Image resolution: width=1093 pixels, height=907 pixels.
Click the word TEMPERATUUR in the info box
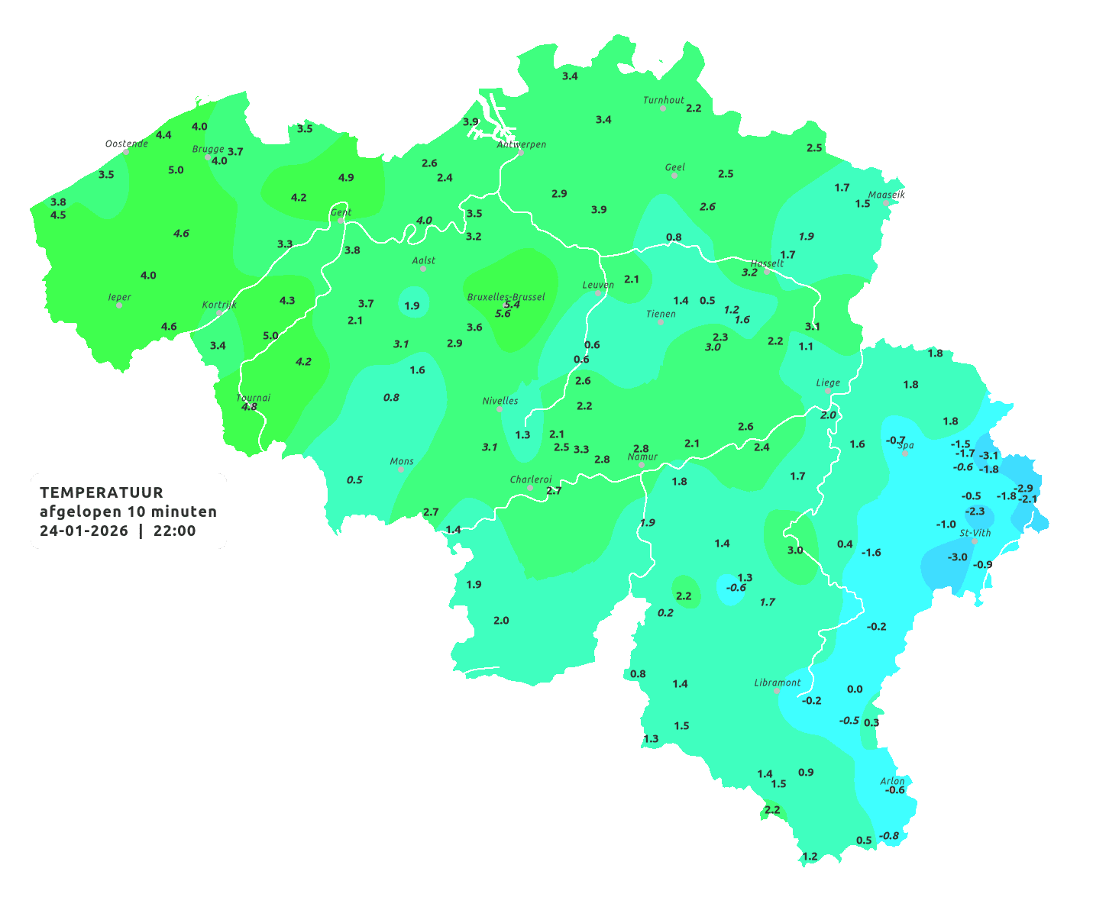click(102, 492)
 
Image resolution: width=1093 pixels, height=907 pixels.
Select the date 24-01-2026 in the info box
click(84, 531)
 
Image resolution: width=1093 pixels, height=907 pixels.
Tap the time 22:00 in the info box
click(175, 531)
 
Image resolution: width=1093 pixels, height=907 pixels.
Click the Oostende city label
click(126, 144)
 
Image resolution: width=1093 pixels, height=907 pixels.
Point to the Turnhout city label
click(664, 100)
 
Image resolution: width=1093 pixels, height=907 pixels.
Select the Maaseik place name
click(886, 195)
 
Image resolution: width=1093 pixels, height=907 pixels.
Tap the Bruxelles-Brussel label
click(506, 296)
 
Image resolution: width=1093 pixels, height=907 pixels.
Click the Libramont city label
click(778, 683)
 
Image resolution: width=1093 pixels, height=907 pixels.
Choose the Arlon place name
click(892, 780)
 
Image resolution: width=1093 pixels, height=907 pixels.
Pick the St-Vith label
click(975, 533)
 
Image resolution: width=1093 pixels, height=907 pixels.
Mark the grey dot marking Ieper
click(119, 305)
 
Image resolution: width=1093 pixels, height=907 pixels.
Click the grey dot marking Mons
click(401, 470)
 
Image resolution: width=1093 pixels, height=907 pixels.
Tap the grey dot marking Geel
click(674, 176)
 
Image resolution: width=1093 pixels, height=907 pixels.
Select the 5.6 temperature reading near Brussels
click(503, 314)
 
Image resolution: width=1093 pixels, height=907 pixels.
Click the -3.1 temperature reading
click(988, 456)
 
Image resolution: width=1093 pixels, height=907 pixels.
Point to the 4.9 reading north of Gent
click(346, 178)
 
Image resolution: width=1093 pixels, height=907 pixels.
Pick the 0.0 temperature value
click(855, 689)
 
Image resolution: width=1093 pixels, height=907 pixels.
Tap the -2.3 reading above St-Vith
click(975, 512)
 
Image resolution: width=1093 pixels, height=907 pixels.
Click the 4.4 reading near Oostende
click(163, 135)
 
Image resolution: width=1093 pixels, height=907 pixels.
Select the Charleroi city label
click(531, 479)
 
